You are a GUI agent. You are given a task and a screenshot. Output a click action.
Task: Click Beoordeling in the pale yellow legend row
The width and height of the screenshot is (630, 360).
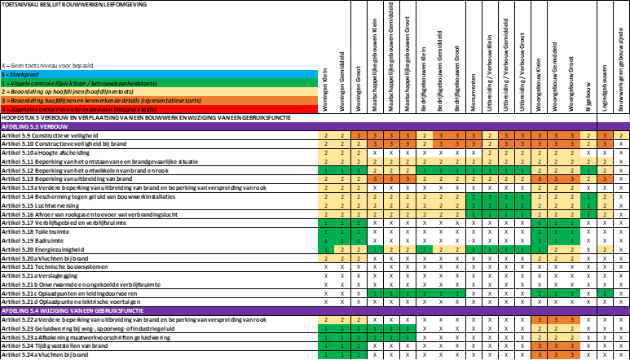pyautogui.click(x=22, y=92)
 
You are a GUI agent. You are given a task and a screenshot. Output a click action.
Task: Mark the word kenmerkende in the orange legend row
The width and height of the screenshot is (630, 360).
pyautogui.click(x=111, y=100)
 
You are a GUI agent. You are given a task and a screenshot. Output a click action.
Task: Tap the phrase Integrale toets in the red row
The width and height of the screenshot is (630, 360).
pyautogui.click(x=135, y=109)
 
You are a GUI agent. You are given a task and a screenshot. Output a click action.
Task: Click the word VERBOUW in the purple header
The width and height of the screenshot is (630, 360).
pyautogui.click(x=53, y=126)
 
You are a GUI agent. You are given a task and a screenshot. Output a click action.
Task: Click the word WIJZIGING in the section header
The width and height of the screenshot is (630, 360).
pyautogui.click(x=51, y=311)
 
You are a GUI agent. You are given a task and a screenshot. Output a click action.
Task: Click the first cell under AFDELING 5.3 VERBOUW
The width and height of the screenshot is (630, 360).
pyautogui.click(x=326, y=135)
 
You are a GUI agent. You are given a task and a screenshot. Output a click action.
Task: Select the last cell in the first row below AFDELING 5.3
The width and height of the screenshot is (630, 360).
pyautogui.click(x=621, y=135)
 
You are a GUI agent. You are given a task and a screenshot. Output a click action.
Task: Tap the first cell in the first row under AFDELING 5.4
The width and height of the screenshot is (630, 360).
pyautogui.click(x=326, y=320)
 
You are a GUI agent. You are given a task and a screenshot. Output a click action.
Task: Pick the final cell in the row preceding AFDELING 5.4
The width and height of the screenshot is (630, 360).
pyautogui.click(x=605, y=293)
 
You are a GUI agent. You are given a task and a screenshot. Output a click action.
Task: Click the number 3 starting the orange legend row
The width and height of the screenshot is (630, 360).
pyautogui.click(x=3, y=100)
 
